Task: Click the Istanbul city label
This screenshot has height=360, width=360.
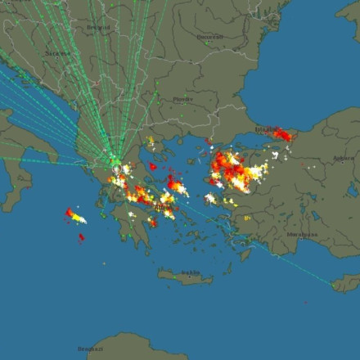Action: tap(268, 129)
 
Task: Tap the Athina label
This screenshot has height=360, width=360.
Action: tap(163, 208)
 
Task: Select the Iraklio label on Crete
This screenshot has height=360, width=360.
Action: tap(190, 272)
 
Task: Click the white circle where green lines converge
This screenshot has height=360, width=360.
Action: tap(116, 169)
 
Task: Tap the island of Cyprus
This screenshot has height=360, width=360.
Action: tap(347, 283)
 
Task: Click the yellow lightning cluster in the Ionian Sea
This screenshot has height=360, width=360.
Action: tap(76, 217)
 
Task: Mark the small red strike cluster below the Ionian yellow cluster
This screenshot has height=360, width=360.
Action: tap(81, 238)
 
